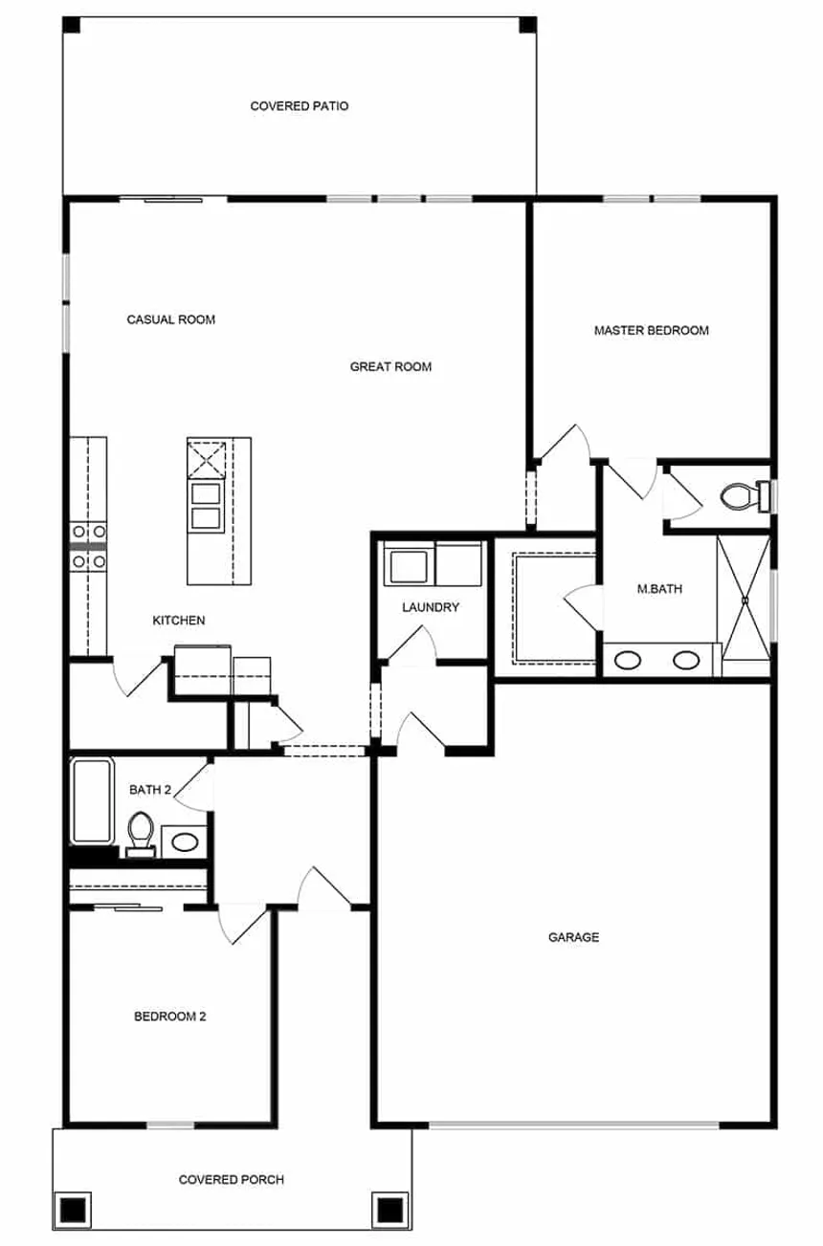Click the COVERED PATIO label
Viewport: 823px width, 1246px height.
(299, 106)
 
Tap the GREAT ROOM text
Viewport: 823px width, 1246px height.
(390, 366)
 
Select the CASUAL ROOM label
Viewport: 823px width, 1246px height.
(171, 319)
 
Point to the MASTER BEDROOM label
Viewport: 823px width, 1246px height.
(651, 331)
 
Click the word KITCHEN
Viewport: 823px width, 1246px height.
(179, 621)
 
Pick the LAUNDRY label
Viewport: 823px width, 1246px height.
(431, 607)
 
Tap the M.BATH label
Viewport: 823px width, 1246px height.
(659, 589)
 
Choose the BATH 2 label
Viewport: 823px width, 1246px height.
(150, 790)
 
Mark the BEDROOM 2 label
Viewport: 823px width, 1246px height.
(170, 1016)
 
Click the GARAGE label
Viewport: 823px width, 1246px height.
(573, 937)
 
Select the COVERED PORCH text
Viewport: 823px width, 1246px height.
(232, 1180)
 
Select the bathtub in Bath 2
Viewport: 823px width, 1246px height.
(92, 801)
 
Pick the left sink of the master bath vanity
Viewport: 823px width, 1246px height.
(629, 660)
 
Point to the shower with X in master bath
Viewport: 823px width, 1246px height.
(743, 597)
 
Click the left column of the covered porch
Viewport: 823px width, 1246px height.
(74, 1210)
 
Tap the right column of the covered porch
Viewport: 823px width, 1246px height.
(389, 1210)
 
